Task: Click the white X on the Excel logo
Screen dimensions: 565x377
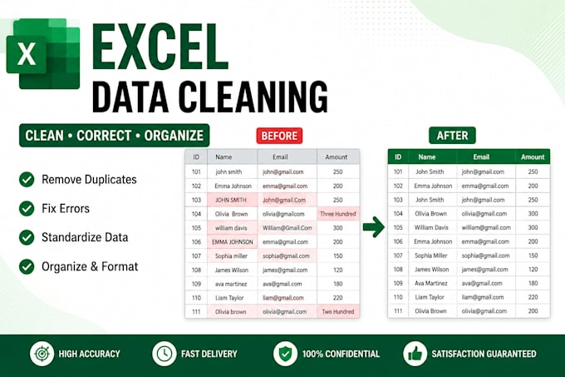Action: [27, 54]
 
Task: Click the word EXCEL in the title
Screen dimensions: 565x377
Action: [160, 47]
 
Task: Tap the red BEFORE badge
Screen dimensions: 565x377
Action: [279, 136]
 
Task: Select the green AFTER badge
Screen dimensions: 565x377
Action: [452, 136]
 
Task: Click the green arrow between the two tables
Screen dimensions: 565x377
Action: [374, 227]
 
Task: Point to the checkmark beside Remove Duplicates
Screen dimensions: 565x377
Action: [27, 179]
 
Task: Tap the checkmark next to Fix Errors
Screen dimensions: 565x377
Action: [27, 209]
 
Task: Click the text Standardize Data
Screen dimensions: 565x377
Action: [85, 237]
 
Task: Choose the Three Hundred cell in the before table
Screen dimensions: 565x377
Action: [338, 214]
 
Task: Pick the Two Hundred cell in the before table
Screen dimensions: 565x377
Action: [338, 312]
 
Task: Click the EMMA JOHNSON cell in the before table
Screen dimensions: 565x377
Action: [233, 241]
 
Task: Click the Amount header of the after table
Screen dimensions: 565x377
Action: [533, 157]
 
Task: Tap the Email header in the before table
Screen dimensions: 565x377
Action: [280, 157]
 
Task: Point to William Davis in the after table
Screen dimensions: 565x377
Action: [431, 228]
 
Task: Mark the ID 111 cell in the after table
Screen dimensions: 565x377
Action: [398, 311]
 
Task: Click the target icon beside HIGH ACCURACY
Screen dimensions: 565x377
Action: [42, 354]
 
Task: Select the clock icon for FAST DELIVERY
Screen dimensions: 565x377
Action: [165, 354]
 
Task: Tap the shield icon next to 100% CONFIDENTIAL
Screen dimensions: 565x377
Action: [285, 354]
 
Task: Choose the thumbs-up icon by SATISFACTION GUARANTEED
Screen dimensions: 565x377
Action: [415, 354]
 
